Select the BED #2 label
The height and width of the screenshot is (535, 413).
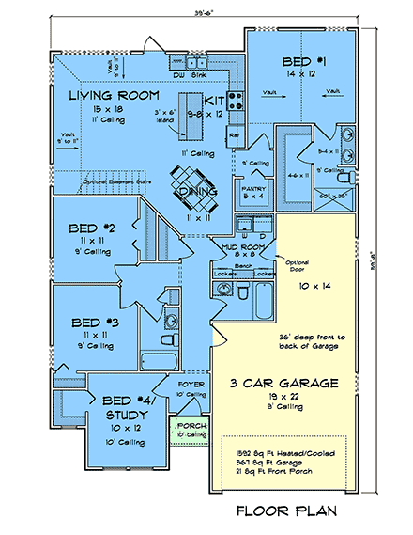[x=90, y=228]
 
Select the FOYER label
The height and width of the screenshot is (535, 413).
[x=191, y=385]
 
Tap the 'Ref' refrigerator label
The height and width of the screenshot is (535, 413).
[x=235, y=134]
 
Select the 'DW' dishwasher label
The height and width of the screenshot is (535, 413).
[x=178, y=73]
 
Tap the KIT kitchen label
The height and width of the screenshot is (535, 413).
[x=215, y=99]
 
